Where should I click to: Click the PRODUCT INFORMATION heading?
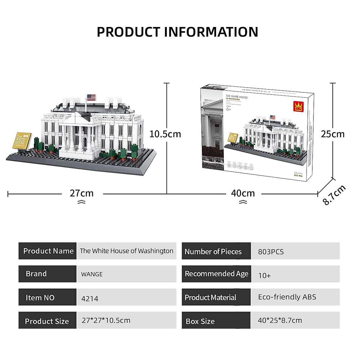point(177,32)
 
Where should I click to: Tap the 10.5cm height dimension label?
point(165,134)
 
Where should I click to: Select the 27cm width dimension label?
point(82,193)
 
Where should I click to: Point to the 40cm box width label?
point(243,193)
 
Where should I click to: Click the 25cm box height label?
point(333,134)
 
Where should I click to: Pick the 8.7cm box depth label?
point(334,195)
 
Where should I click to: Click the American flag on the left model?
point(91,97)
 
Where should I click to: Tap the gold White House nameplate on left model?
point(22,140)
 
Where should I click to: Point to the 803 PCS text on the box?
point(298,176)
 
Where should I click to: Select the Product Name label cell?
point(48,251)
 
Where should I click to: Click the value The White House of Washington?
point(126,251)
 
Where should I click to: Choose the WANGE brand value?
point(92,274)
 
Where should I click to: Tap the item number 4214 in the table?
point(89,298)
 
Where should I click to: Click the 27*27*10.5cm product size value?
point(106,320)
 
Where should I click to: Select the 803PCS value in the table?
point(271,252)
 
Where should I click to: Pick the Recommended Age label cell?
point(216,274)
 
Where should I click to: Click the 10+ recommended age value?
point(264,275)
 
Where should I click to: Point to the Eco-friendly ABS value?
point(287,297)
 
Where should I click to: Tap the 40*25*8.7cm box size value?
point(280,320)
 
